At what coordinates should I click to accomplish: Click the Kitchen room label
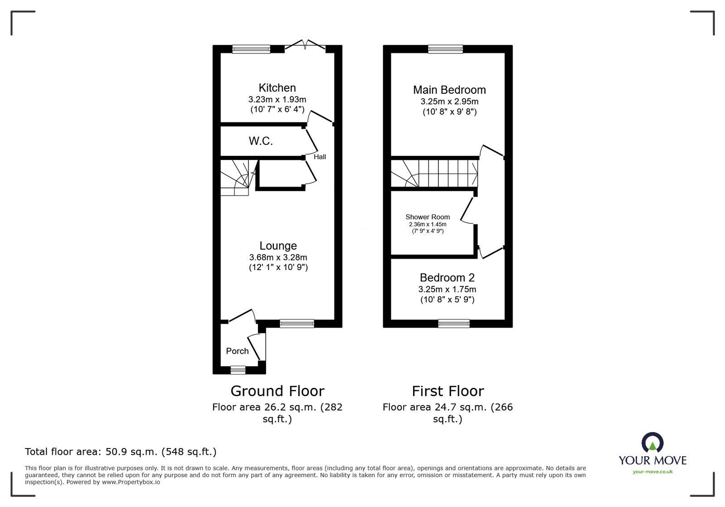pos(277,88)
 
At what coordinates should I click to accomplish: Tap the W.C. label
pos(261,141)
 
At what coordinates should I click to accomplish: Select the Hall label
pos(320,157)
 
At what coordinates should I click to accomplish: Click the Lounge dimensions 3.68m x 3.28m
pos(278,257)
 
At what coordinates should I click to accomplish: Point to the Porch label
pos(237,351)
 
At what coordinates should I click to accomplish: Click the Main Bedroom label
pos(449,90)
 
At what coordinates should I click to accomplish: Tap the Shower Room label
pos(428,217)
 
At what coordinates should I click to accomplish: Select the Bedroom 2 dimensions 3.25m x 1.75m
pos(447,289)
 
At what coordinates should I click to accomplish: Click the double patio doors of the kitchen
pos(305,45)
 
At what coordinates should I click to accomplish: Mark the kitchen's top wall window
pos(251,49)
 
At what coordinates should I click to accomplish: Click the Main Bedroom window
pos(445,49)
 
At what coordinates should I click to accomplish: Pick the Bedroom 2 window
pos(454,323)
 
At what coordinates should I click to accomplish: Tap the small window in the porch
pos(238,370)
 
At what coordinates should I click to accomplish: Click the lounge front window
pos(297,323)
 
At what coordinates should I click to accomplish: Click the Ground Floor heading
pos(277,391)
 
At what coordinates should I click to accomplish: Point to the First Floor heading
pos(448,391)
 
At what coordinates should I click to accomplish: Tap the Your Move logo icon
pos(652,443)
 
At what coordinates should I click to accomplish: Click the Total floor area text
pos(121,452)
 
